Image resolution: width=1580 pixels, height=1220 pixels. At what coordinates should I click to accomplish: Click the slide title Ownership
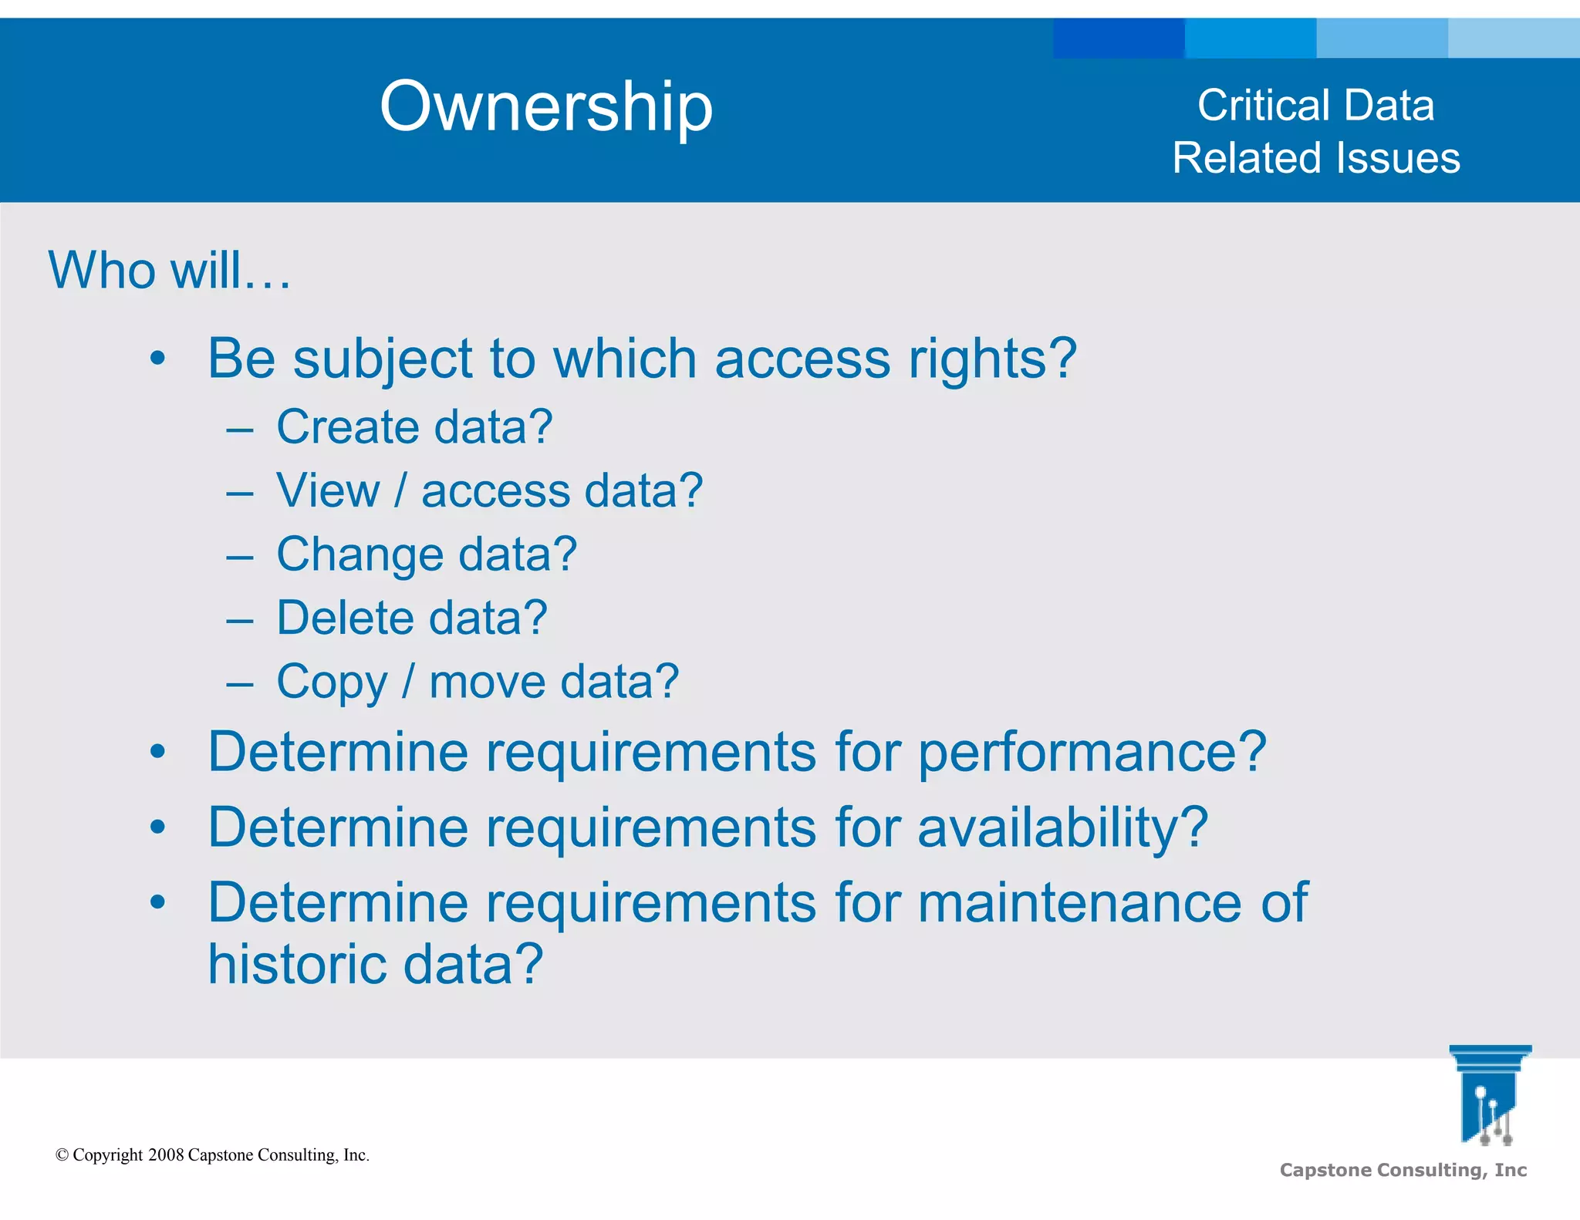click(x=546, y=107)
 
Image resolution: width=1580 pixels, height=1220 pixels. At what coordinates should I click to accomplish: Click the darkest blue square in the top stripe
click(x=1119, y=39)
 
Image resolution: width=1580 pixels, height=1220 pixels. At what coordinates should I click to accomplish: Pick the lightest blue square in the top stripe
click(x=1514, y=39)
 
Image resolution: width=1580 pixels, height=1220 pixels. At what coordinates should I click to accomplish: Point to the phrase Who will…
click(x=170, y=271)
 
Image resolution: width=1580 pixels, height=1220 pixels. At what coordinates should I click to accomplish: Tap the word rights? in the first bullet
click(x=992, y=359)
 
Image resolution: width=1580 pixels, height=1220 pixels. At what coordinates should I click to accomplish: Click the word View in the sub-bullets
click(x=328, y=490)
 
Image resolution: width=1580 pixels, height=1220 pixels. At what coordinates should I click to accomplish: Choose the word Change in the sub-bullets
click(x=360, y=554)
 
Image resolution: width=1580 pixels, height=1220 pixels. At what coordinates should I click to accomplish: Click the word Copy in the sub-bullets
click(x=332, y=682)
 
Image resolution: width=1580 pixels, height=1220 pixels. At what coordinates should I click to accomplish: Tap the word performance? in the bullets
click(x=1092, y=752)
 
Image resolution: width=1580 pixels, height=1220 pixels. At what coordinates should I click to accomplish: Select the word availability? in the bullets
click(x=1063, y=827)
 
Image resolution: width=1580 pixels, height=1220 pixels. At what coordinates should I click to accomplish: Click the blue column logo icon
click(x=1490, y=1095)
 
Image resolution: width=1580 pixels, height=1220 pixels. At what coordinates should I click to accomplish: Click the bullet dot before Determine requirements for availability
click(x=158, y=827)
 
